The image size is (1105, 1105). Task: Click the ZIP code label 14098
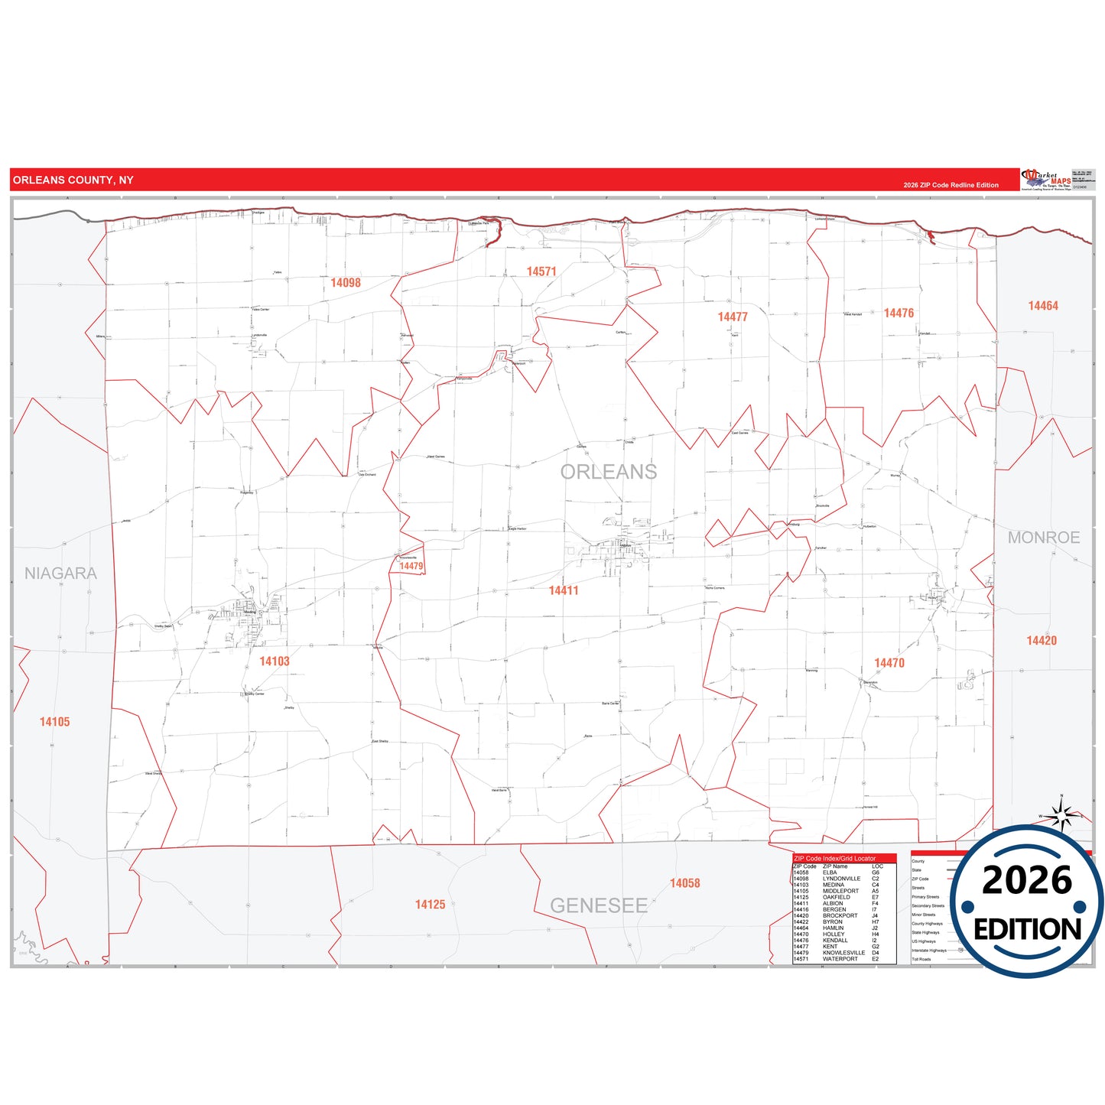pyautogui.click(x=346, y=283)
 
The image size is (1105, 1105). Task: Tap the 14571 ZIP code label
pyautogui.click(x=541, y=271)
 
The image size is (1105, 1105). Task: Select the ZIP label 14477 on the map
pyautogui.click(x=733, y=317)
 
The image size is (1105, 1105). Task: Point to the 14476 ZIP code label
pyautogui.click(x=899, y=313)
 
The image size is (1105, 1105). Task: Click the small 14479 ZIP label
pyautogui.click(x=411, y=567)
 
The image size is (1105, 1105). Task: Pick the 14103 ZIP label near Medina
pyautogui.click(x=275, y=661)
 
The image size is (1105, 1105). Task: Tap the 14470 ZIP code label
pyautogui.click(x=889, y=663)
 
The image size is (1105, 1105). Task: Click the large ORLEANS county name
pyautogui.click(x=609, y=472)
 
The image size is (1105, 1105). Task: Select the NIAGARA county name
pyautogui.click(x=60, y=574)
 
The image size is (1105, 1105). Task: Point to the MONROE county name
pyautogui.click(x=1044, y=538)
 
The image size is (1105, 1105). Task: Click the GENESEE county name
pyautogui.click(x=599, y=906)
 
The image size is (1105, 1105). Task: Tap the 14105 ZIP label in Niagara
pyautogui.click(x=55, y=722)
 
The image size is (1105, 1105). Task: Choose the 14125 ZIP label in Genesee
pyautogui.click(x=430, y=905)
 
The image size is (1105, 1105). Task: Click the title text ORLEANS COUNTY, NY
pyautogui.click(x=73, y=180)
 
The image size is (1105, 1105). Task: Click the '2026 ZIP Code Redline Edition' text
pyautogui.click(x=951, y=185)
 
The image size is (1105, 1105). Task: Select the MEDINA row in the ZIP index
pyautogui.click(x=834, y=885)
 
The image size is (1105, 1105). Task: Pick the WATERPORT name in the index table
pyautogui.click(x=840, y=959)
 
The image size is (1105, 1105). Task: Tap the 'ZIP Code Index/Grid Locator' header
pyautogui.click(x=835, y=859)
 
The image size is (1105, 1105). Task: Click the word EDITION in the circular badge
pyautogui.click(x=1027, y=929)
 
